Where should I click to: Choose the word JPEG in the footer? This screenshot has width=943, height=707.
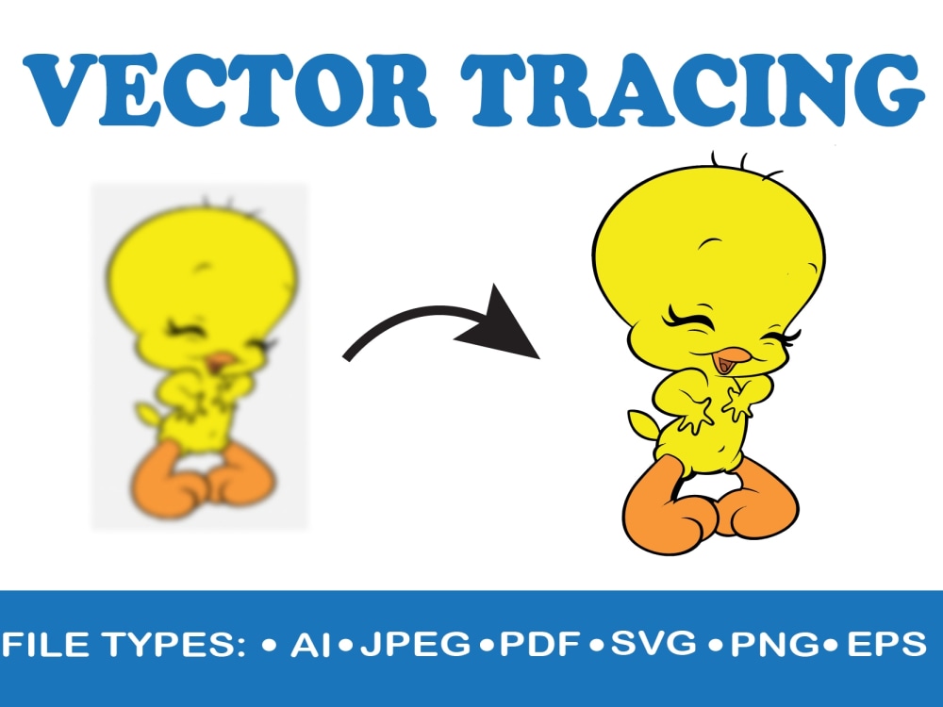pyautogui.click(x=415, y=645)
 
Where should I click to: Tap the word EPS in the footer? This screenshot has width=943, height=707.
pyautogui.click(x=885, y=645)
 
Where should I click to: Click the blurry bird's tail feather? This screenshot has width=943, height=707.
pyautogui.click(x=146, y=413)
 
